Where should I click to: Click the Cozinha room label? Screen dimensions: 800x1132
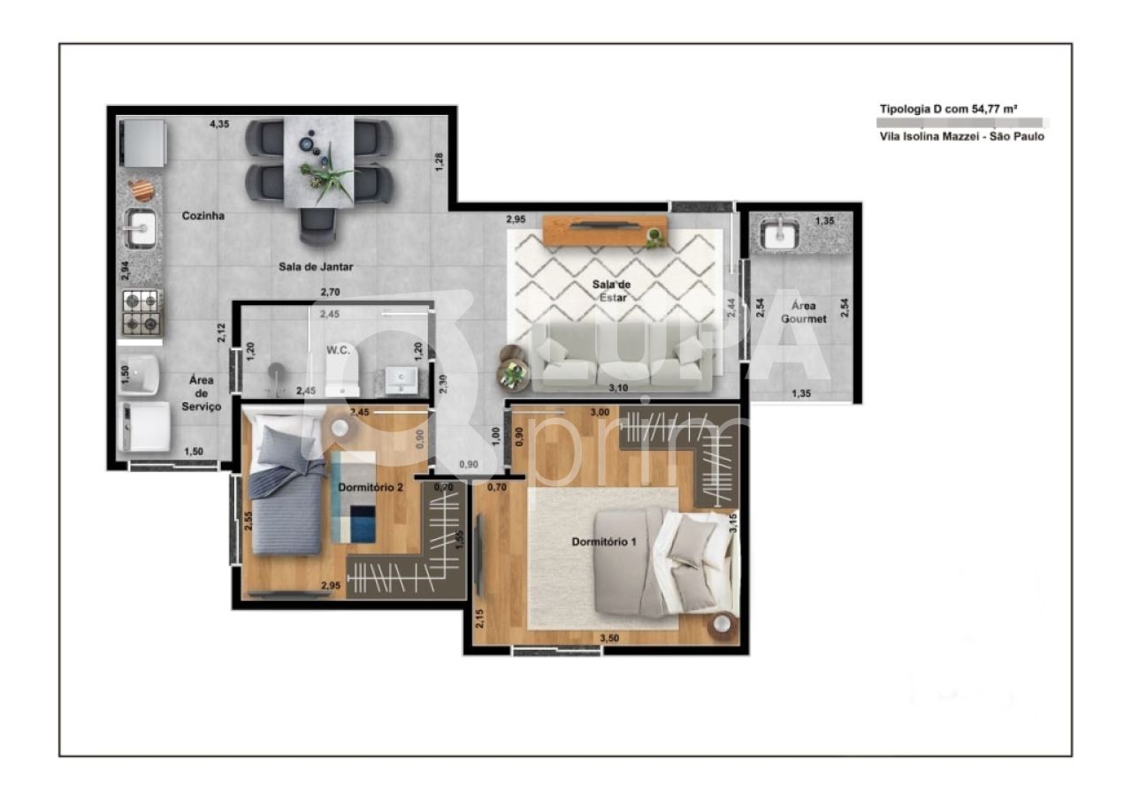click(203, 216)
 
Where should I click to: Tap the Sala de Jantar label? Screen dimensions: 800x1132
click(316, 266)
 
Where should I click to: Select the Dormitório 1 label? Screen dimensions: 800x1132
click(604, 541)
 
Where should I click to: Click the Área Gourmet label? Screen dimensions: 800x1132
click(803, 312)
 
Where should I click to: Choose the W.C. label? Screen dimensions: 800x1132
click(339, 349)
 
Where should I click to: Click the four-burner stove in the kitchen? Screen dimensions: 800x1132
click(141, 312)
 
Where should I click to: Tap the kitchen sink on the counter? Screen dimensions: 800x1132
click(141, 229)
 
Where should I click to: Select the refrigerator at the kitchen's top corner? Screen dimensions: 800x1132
click(143, 142)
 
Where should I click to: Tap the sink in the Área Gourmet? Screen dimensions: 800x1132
click(779, 233)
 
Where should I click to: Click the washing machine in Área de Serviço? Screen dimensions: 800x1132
click(144, 427)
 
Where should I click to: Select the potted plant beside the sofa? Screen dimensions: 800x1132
click(512, 375)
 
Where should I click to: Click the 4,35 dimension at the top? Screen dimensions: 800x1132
click(219, 125)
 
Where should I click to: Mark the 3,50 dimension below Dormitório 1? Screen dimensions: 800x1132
click(609, 637)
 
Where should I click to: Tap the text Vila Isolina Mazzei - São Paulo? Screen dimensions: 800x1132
click(961, 137)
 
